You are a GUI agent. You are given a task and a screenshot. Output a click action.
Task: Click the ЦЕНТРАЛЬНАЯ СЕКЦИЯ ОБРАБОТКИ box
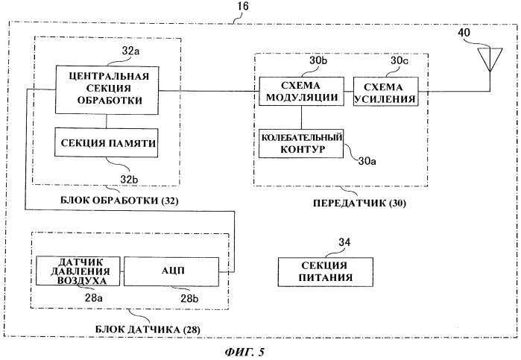107,89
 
